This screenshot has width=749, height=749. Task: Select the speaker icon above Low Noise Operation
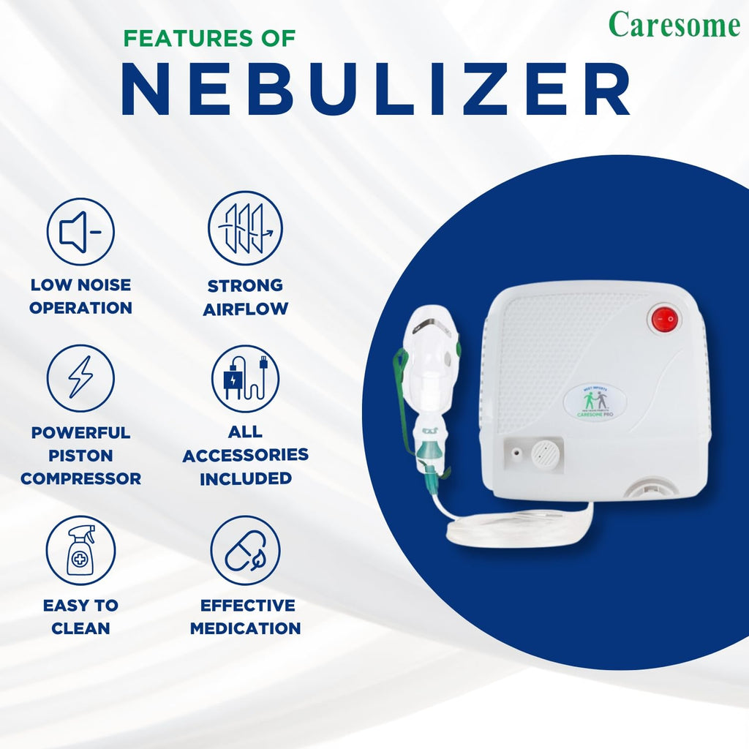click(x=80, y=232)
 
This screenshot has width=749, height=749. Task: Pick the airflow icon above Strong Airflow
click(x=245, y=228)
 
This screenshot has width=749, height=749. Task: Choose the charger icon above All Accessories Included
click(x=245, y=379)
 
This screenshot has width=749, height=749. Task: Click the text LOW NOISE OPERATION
click(x=80, y=296)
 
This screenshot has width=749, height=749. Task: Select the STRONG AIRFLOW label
click(x=245, y=296)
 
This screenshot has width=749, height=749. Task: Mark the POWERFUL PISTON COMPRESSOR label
click(x=80, y=455)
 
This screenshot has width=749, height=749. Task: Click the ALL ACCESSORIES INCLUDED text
click(x=245, y=455)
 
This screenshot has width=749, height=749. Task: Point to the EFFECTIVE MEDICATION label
click(x=245, y=616)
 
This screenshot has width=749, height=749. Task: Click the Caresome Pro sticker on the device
click(x=595, y=402)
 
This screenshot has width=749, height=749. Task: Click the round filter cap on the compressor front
click(x=545, y=454)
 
